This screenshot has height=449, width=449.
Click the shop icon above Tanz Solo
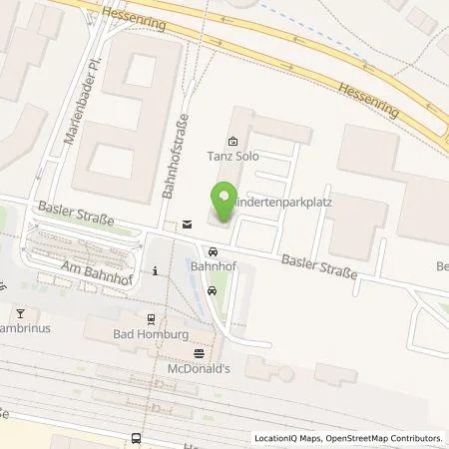[232, 142]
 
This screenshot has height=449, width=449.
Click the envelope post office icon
[187, 225]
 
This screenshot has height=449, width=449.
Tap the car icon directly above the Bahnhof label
[213, 251]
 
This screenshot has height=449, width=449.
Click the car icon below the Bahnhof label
[213, 290]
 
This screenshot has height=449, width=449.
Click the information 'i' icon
[156, 269]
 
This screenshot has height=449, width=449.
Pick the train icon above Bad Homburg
[151, 318]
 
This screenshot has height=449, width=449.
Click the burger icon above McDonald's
[198, 352]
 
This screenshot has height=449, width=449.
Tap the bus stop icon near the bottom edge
[136, 438]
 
